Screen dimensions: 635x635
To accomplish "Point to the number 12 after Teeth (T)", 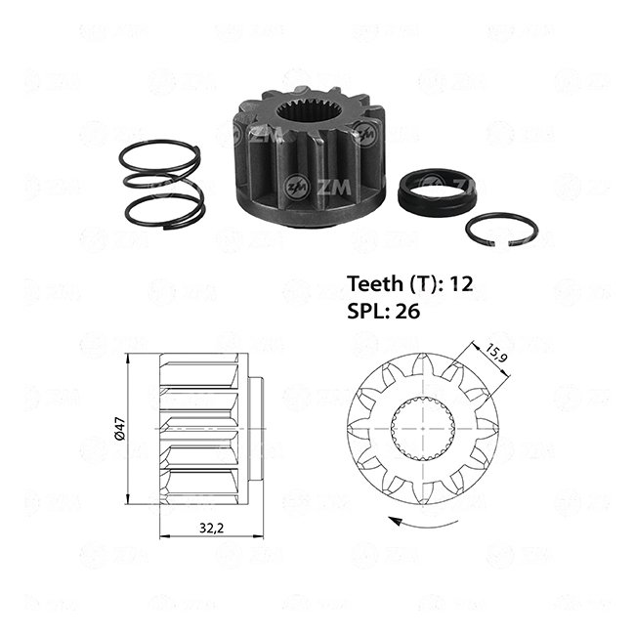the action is point(462,284).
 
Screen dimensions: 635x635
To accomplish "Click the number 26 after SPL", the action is point(407,312).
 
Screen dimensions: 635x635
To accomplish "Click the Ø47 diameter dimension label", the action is point(120,429).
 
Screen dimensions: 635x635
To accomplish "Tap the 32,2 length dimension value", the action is point(211,529).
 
